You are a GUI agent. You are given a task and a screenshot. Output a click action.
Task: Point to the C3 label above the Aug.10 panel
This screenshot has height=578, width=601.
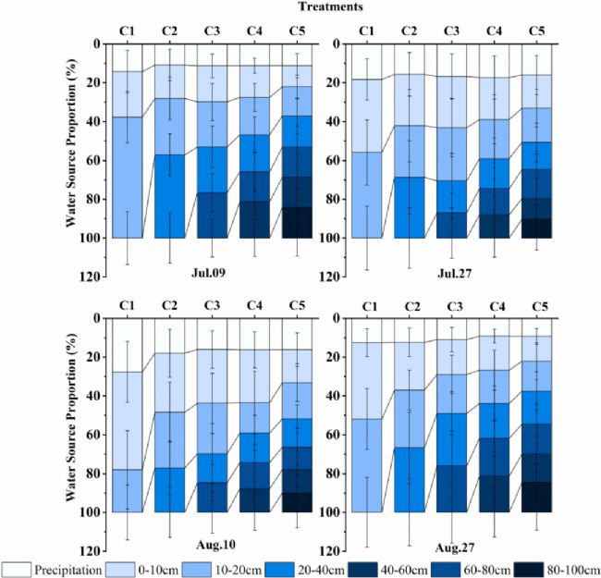click(212, 306)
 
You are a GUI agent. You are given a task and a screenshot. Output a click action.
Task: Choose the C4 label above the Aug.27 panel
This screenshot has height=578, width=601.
click(494, 306)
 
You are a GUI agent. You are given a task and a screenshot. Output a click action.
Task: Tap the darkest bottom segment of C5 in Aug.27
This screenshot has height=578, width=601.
click(537, 497)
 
